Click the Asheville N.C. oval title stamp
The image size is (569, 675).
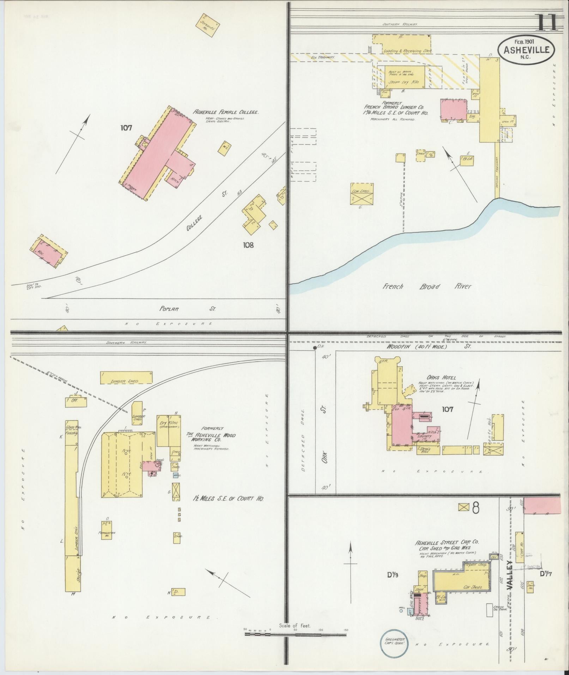point(526,49)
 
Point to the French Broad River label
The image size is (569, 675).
point(427,286)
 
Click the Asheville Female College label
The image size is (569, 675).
point(225,112)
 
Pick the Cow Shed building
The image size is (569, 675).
point(362,193)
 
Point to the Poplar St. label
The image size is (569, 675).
point(187,309)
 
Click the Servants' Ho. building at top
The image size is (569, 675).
point(207,25)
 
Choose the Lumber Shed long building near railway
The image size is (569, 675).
point(126,377)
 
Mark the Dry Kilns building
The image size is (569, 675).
point(169,431)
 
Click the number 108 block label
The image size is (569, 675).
point(248,245)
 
